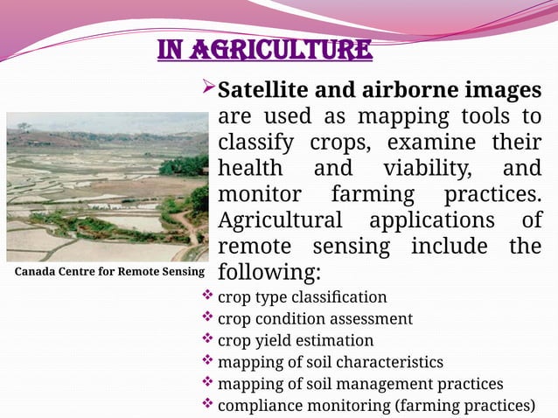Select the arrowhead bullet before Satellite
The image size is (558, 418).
point(208,88)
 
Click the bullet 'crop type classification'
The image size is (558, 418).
point(302,297)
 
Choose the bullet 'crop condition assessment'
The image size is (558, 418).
point(315,318)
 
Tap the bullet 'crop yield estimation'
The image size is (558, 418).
point(295,340)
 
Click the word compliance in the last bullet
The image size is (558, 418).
point(258,406)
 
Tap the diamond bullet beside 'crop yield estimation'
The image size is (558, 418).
point(207,338)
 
